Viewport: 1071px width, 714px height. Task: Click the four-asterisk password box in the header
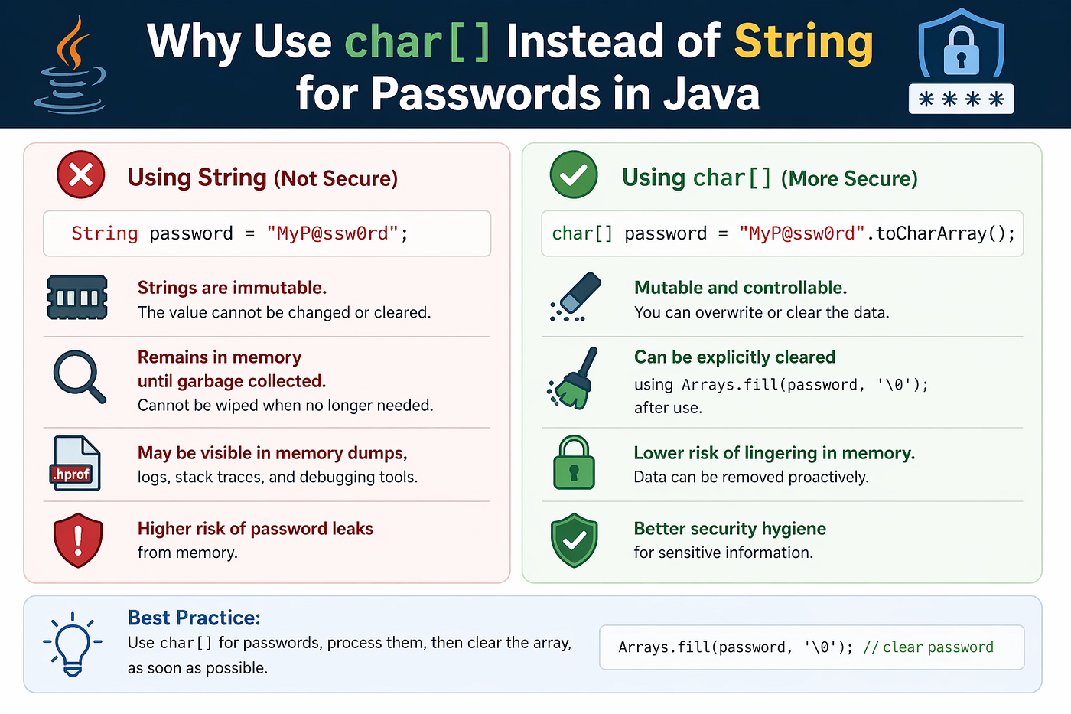pyautogui.click(x=961, y=99)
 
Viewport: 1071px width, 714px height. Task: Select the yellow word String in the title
pyautogui.click(x=804, y=43)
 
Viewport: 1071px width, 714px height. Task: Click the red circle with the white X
pyautogui.click(x=81, y=174)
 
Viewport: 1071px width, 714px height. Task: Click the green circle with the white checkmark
pyautogui.click(x=574, y=174)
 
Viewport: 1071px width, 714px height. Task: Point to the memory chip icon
pyautogui.click(x=77, y=297)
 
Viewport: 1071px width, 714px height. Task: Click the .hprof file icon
pyautogui.click(x=75, y=463)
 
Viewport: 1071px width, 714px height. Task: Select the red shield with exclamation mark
pyautogui.click(x=78, y=540)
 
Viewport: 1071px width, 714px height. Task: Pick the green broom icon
pyautogui.click(x=572, y=378)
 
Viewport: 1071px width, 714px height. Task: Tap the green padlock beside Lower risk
pyautogui.click(x=574, y=462)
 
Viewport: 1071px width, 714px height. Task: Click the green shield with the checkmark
pyautogui.click(x=575, y=540)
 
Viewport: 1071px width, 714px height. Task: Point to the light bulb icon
pyautogui.click(x=73, y=644)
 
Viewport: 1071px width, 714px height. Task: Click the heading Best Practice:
pyautogui.click(x=194, y=618)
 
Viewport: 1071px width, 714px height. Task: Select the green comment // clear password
pyautogui.click(x=928, y=647)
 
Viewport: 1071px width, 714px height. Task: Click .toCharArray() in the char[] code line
pyautogui.click(x=939, y=233)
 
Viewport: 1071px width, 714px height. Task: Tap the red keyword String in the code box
pyautogui.click(x=105, y=233)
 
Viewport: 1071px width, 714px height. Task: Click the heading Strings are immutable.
pyautogui.click(x=232, y=288)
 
